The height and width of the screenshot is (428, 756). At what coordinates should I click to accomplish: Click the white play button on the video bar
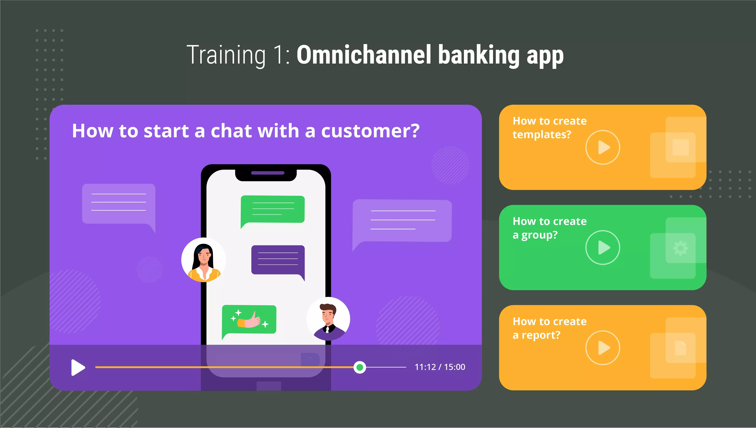tap(78, 367)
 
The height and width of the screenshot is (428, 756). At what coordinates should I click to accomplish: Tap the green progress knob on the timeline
tap(359, 367)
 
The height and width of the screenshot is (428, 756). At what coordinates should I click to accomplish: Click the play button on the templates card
tap(602, 147)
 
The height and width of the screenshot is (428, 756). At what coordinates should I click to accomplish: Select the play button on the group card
tap(602, 248)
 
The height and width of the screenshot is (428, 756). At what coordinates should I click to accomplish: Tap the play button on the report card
tap(602, 348)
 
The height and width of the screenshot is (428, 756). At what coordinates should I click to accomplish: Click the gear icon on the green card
tap(680, 248)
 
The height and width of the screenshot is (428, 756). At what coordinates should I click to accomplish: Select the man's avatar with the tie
tap(328, 319)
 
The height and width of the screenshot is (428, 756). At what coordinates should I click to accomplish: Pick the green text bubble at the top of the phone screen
tap(272, 211)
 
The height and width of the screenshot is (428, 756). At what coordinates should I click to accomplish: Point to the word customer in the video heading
tap(370, 131)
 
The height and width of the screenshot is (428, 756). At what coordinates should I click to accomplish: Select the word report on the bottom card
tap(541, 335)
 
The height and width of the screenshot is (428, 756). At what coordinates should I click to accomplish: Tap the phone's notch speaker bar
tap(268, 173)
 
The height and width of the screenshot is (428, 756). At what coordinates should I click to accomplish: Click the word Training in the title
tap(226, 55)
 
